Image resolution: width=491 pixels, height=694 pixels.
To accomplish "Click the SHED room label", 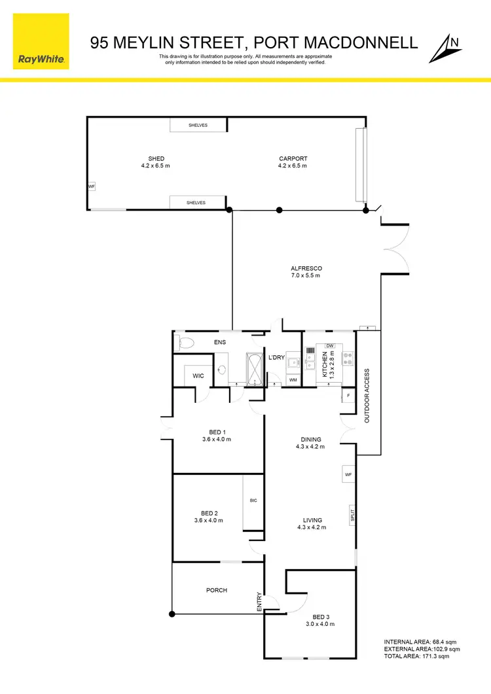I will pos(156,158).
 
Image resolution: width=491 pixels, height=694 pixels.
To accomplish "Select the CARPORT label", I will pos(293,158).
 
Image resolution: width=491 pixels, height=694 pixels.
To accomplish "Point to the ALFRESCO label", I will pos(306,268).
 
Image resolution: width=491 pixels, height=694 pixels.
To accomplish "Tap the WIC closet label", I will pos(198,375).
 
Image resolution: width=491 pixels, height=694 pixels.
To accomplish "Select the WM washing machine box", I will pos(293,379).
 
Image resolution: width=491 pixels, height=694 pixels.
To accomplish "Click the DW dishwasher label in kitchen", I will pos(330,346).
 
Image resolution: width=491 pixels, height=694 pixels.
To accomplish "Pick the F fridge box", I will pos(348,396).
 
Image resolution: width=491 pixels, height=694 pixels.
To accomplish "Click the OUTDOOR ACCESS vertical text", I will pos(367,396).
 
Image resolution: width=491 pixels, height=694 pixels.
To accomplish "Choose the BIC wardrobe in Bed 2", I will pos(253,502).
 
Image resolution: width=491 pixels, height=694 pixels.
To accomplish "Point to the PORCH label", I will pos(217,590).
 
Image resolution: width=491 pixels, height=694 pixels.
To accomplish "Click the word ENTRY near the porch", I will pos(260,602).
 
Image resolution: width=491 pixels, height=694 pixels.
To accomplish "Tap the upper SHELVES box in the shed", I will pos(198,125).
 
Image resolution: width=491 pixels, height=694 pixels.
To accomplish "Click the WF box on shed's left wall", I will pos(91,186).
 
